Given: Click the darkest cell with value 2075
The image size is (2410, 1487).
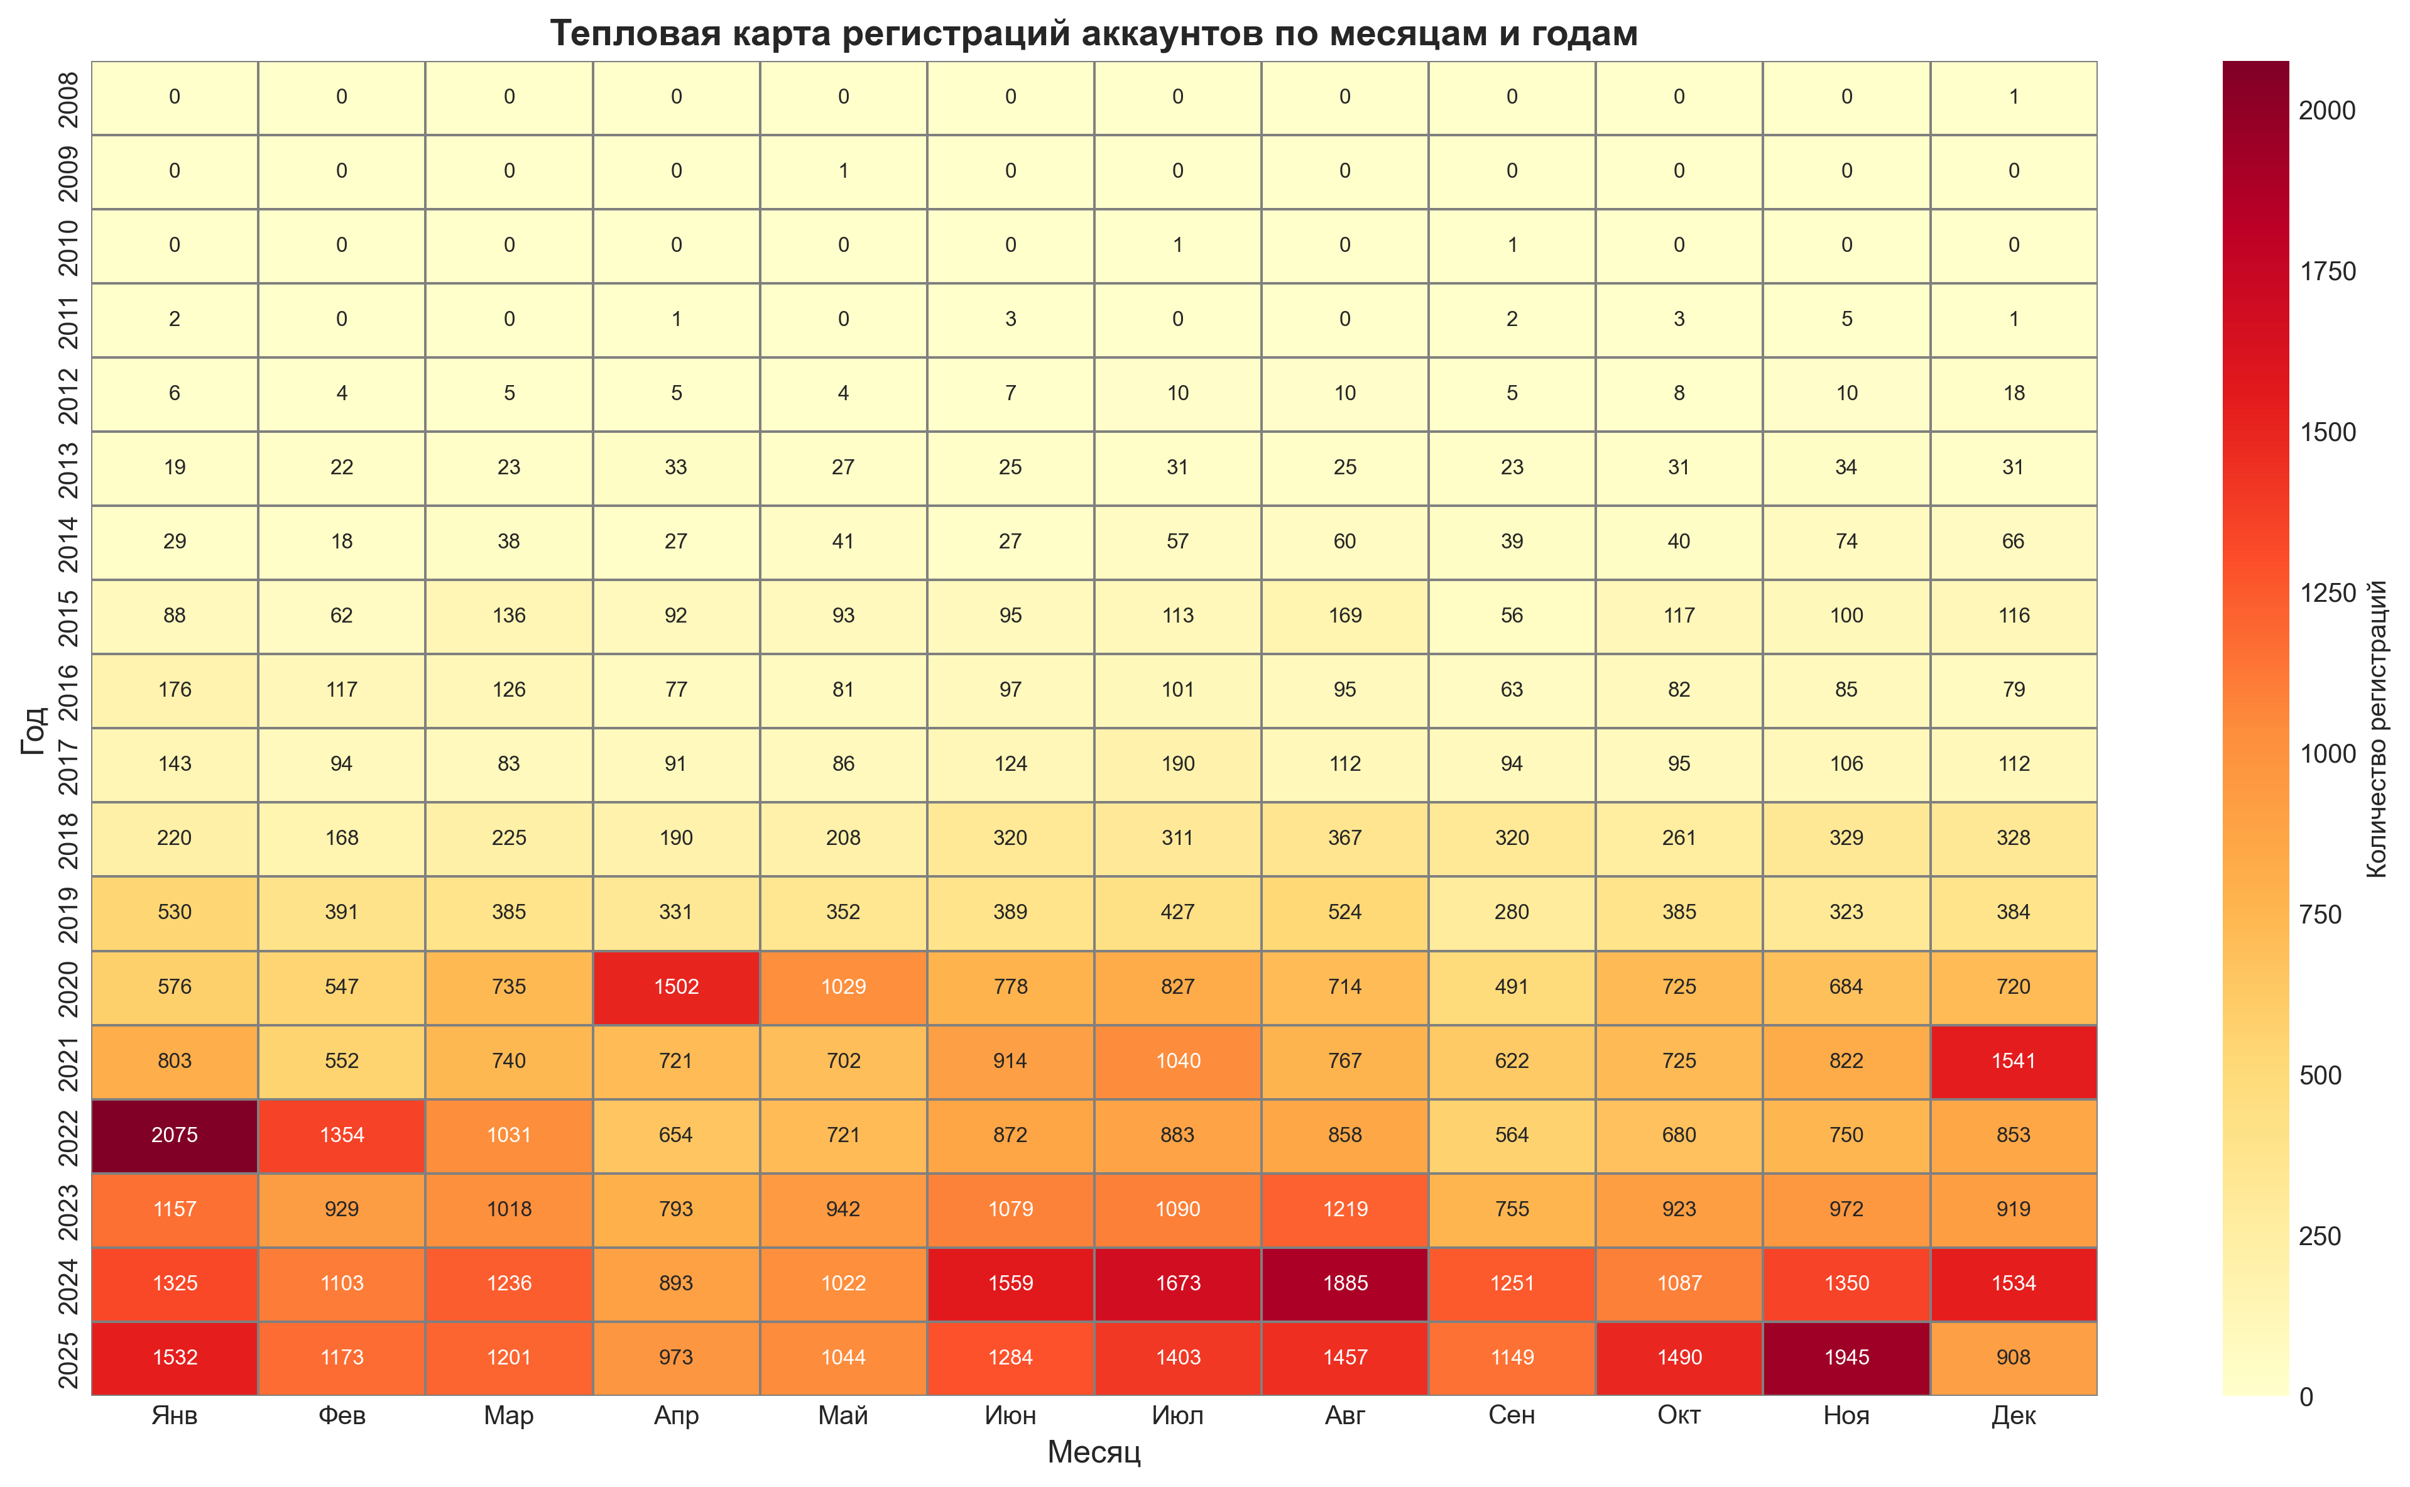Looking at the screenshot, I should pos(175,1135).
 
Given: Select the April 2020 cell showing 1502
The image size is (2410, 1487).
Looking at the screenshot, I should pos(677,986).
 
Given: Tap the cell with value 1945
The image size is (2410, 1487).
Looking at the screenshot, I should pos(1846,1357).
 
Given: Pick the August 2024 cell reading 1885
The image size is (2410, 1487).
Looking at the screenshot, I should pos(1345,1283).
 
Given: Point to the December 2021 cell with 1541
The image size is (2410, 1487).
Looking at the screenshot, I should pos(2014,1060).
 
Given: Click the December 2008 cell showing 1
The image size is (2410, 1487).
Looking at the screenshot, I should pos(2014,96).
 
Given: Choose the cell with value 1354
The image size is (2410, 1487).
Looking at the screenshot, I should pos(342,1135).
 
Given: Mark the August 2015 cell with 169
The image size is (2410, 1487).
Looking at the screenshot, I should pos(1345,616).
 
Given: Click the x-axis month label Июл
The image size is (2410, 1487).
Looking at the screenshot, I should pos(1178,1415).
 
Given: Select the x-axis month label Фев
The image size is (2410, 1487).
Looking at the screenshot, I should pos(342,1415).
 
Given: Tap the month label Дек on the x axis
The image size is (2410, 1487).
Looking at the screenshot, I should pos(2014,1415).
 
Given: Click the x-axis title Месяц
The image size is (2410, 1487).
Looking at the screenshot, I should pos(1093,1452).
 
